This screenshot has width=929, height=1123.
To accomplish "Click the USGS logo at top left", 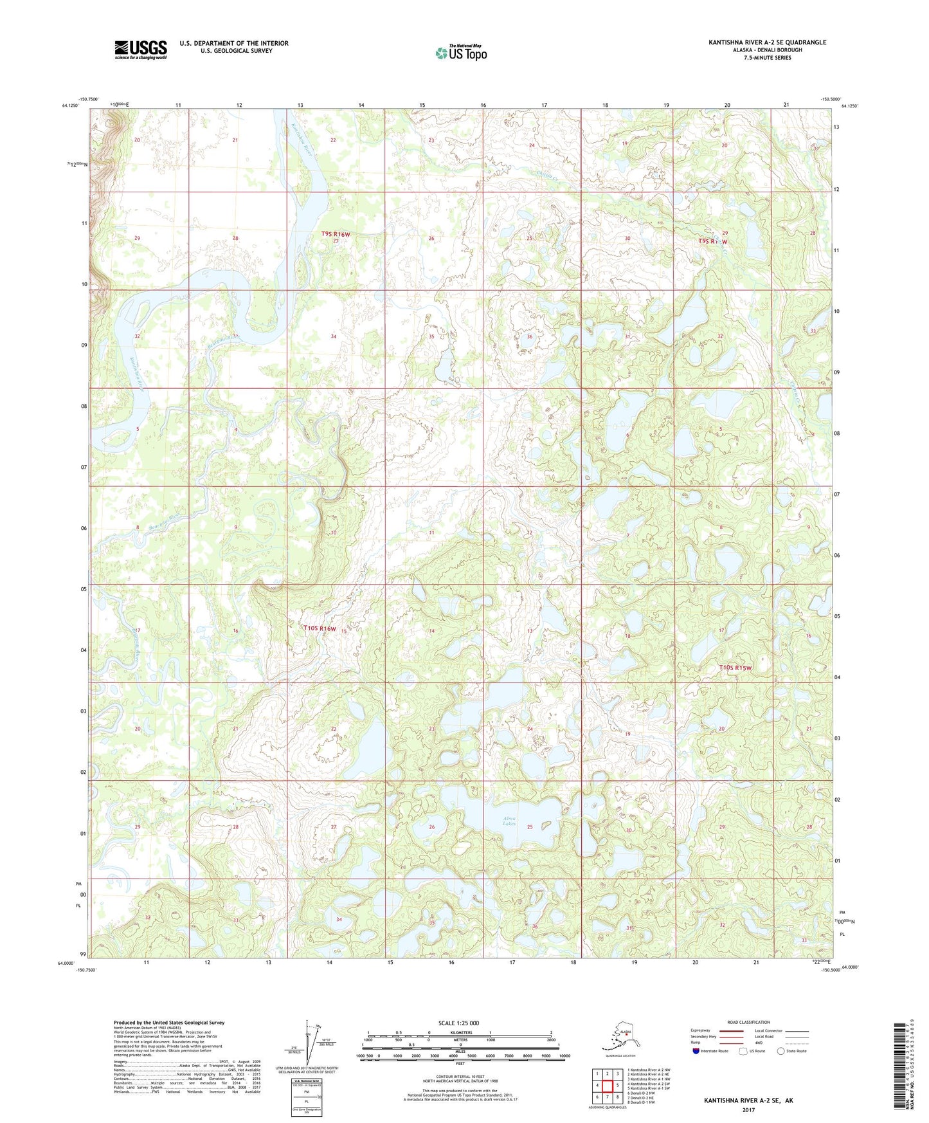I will point(140,50).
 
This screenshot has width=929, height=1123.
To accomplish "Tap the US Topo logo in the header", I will point(461,52).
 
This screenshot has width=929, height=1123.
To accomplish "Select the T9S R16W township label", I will point(336,235).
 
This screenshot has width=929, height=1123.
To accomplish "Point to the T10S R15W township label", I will point(735,668).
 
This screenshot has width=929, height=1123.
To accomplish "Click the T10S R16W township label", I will point(320,628).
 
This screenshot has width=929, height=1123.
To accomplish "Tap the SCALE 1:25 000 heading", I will point(458,1023).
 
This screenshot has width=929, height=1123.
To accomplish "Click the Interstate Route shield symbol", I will point(696,1051).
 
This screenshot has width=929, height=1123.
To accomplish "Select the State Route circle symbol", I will point(781,1051).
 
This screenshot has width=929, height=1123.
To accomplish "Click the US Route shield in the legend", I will point(743,1051).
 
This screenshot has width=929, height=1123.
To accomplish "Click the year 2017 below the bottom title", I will point(748,1109).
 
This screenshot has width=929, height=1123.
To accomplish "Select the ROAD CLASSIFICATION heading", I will point(748,1022).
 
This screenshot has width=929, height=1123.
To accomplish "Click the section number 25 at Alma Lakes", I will point(530,827).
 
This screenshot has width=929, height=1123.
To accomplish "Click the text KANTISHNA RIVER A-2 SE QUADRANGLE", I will point(767,42).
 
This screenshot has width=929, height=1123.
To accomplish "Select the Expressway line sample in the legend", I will point(731,1030).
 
